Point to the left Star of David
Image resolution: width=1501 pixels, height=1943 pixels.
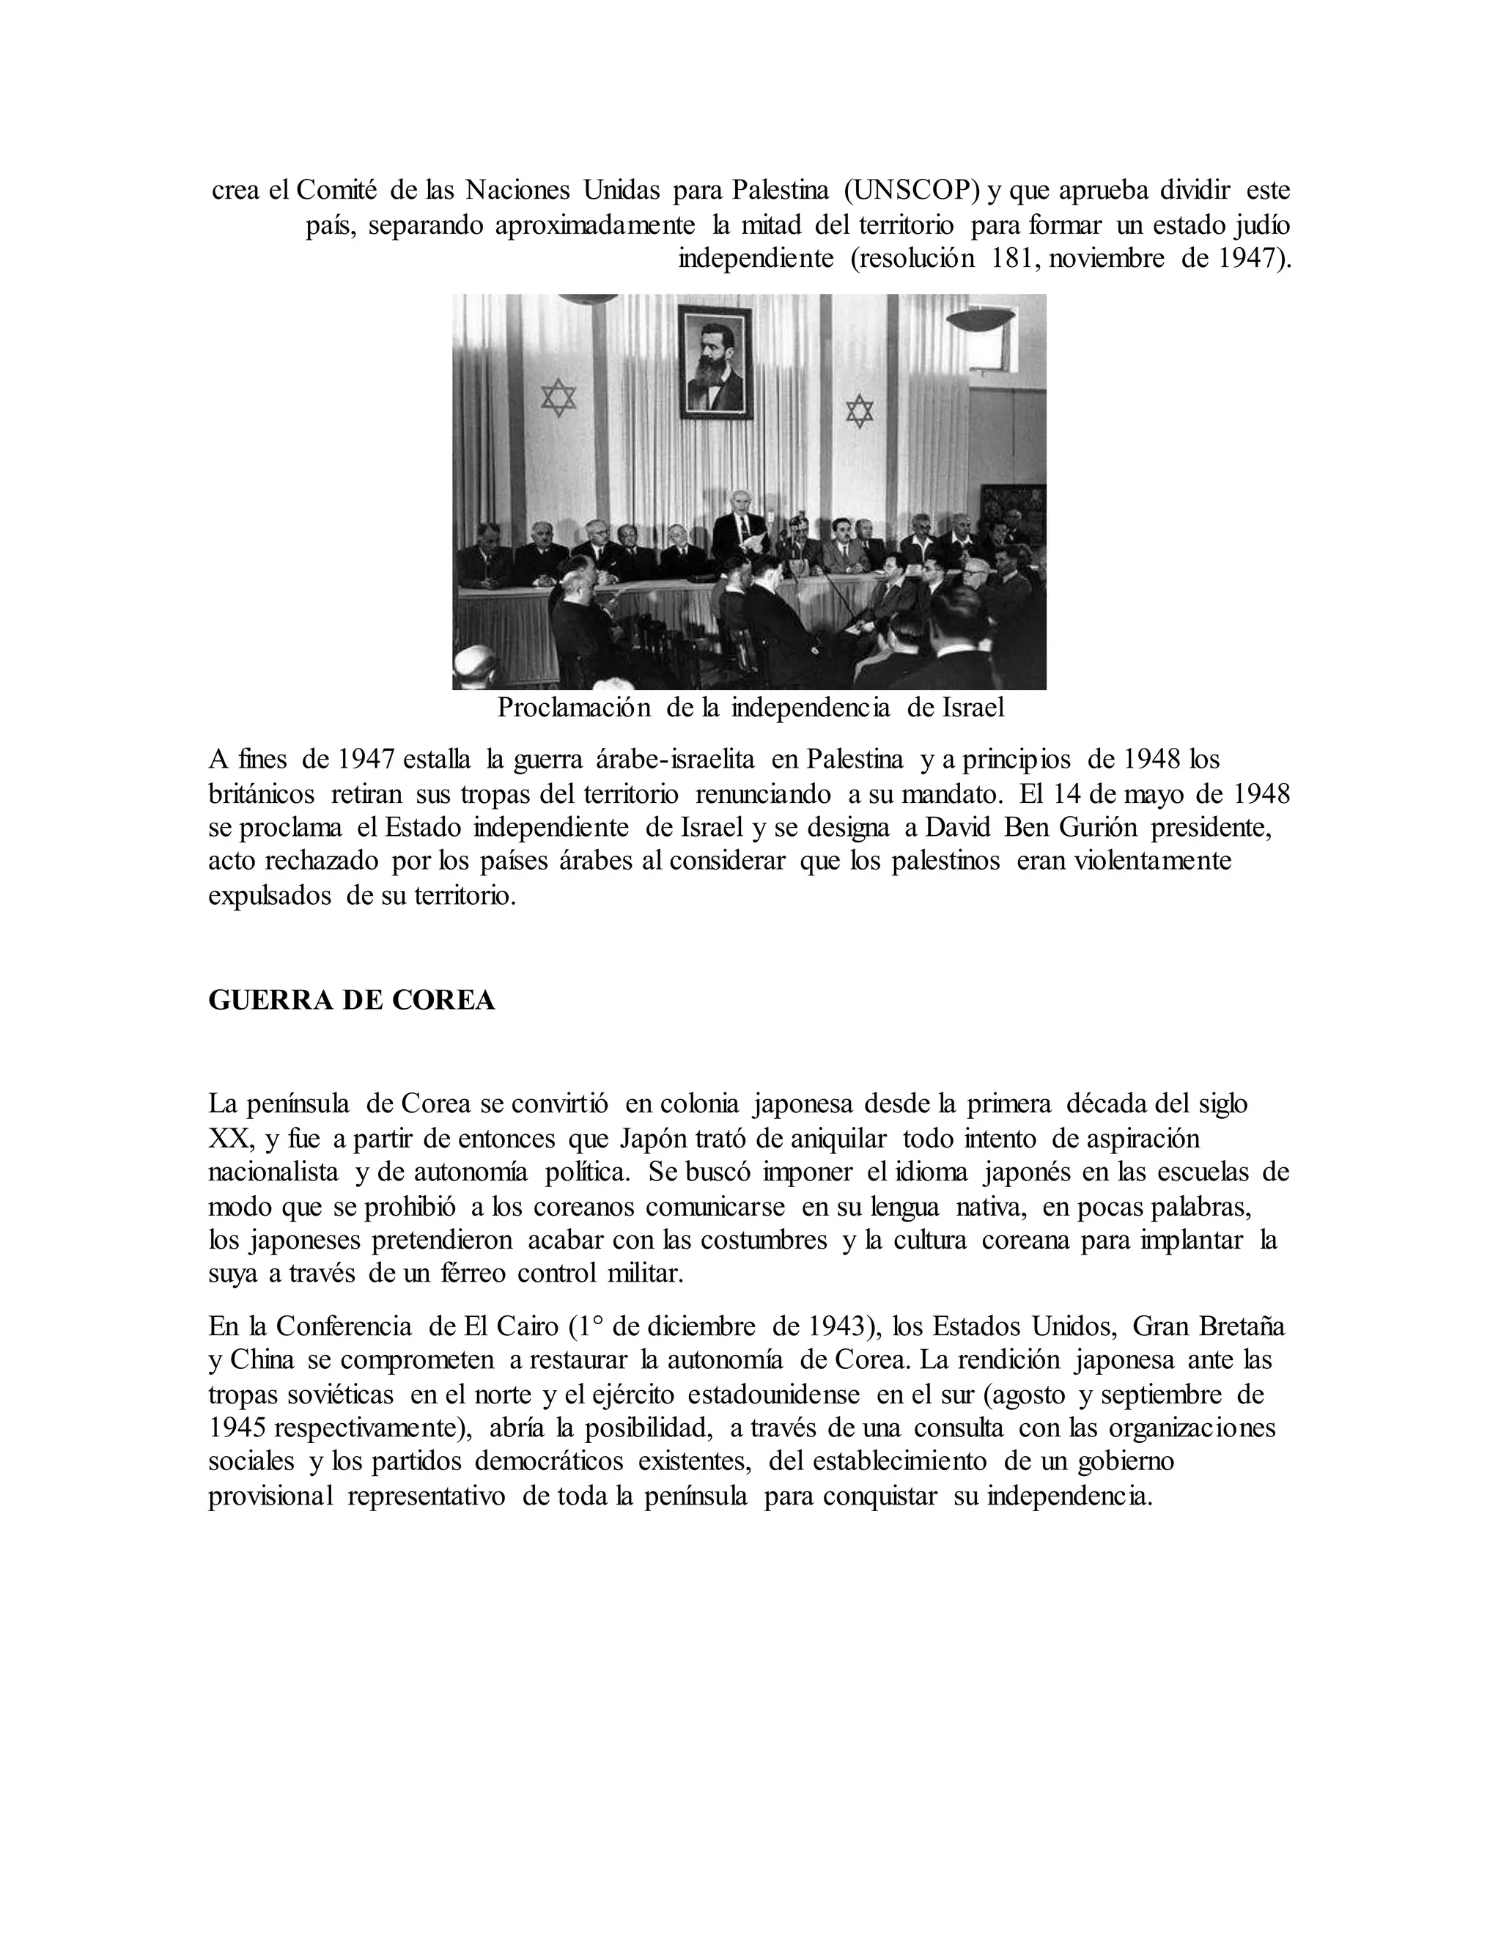(x=558, y=397)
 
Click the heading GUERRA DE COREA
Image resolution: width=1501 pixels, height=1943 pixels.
(x=351, y=1001)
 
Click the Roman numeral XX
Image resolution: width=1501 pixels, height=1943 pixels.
(x=229, y=1139)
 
